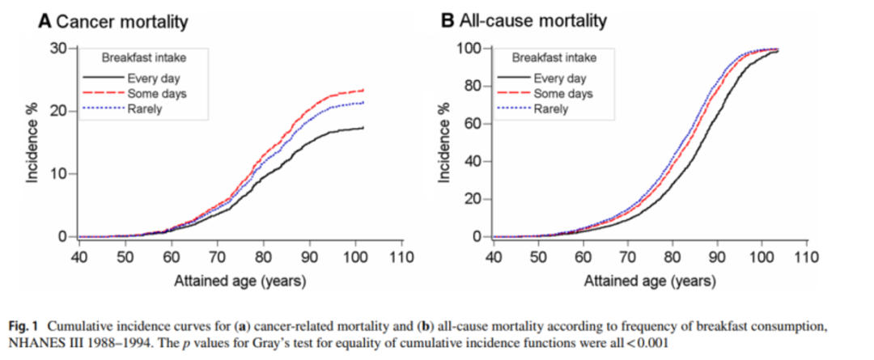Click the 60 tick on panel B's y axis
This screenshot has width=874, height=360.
point(471,124)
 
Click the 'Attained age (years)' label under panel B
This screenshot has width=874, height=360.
point(649,282)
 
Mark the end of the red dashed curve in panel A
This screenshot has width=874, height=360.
point(363,90)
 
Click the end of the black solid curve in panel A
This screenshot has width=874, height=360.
point(363,128)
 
